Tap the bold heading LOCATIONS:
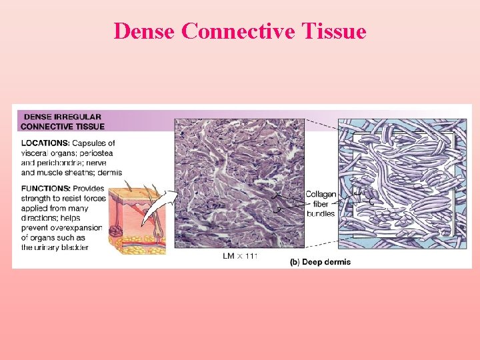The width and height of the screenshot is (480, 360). (x=45, y=143)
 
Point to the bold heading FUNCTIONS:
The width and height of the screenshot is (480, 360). (x=45, y=189)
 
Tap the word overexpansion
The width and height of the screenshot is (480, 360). (x=79, y=228)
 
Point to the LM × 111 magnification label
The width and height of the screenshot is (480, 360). (x=239, y=255)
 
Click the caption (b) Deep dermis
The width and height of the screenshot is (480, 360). (x=320, y=262)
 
